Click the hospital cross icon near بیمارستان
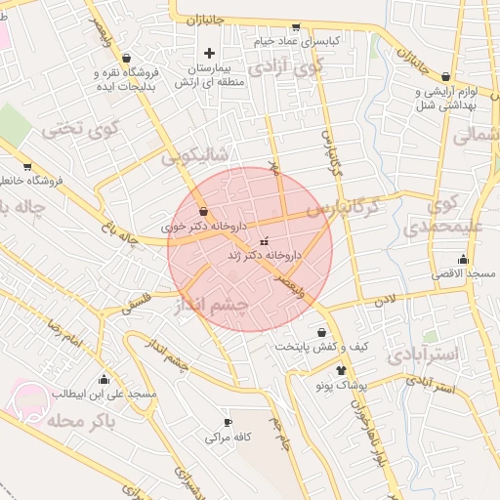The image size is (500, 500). point(209,52)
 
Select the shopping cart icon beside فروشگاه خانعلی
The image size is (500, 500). point(27,166)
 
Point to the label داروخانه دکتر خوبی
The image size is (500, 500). point(202,225)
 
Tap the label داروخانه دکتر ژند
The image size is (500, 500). point(265,254)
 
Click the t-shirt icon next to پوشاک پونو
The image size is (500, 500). point(341,370)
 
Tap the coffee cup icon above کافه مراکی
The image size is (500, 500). point(228,423)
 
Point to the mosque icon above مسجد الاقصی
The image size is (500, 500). point(463,260)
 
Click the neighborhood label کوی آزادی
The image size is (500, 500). point(284,68)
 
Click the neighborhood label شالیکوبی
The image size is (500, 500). point(194,154)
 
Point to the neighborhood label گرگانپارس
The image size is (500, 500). point(342,208)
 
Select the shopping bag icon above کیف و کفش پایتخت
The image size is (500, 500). point(321,332)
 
